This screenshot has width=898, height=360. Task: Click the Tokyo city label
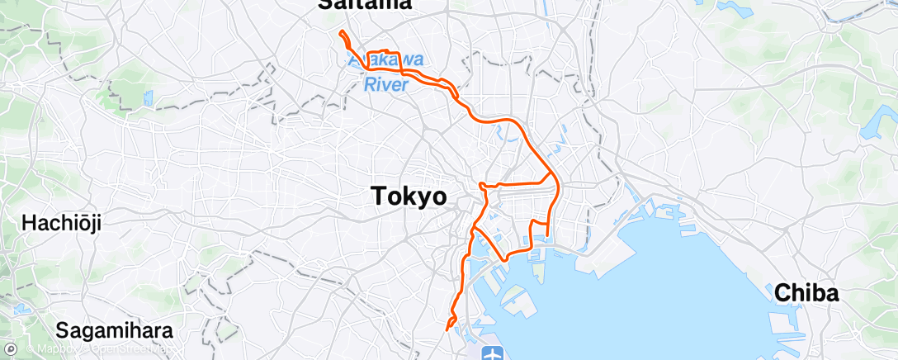pos(409,197)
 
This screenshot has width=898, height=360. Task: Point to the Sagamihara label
pos(115,331)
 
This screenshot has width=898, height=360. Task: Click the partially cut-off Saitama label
pos(365,5)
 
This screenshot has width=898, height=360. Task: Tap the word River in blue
pos(386,83)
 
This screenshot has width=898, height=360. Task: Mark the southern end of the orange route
pos(447,329)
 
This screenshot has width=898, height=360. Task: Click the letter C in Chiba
pos(781,293)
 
